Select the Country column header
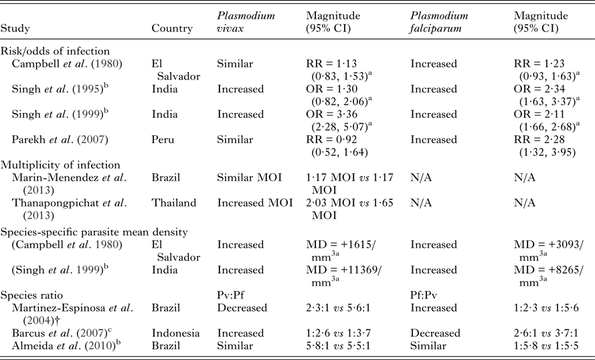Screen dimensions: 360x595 coord(173,29)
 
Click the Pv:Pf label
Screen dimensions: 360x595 coord(231,294)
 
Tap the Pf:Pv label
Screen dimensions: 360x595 coord(424,294)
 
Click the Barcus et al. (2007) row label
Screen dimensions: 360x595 coord(62,333)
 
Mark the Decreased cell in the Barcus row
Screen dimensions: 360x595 coord(435,333)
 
